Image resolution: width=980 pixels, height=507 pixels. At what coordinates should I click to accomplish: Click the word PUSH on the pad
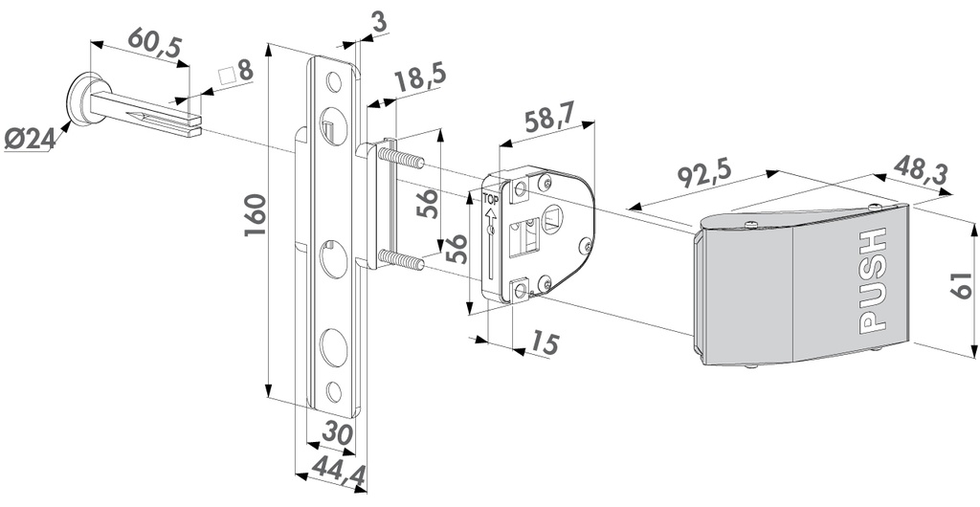point(873,282)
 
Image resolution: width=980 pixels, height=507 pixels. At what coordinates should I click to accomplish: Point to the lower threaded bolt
point(402,259)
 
